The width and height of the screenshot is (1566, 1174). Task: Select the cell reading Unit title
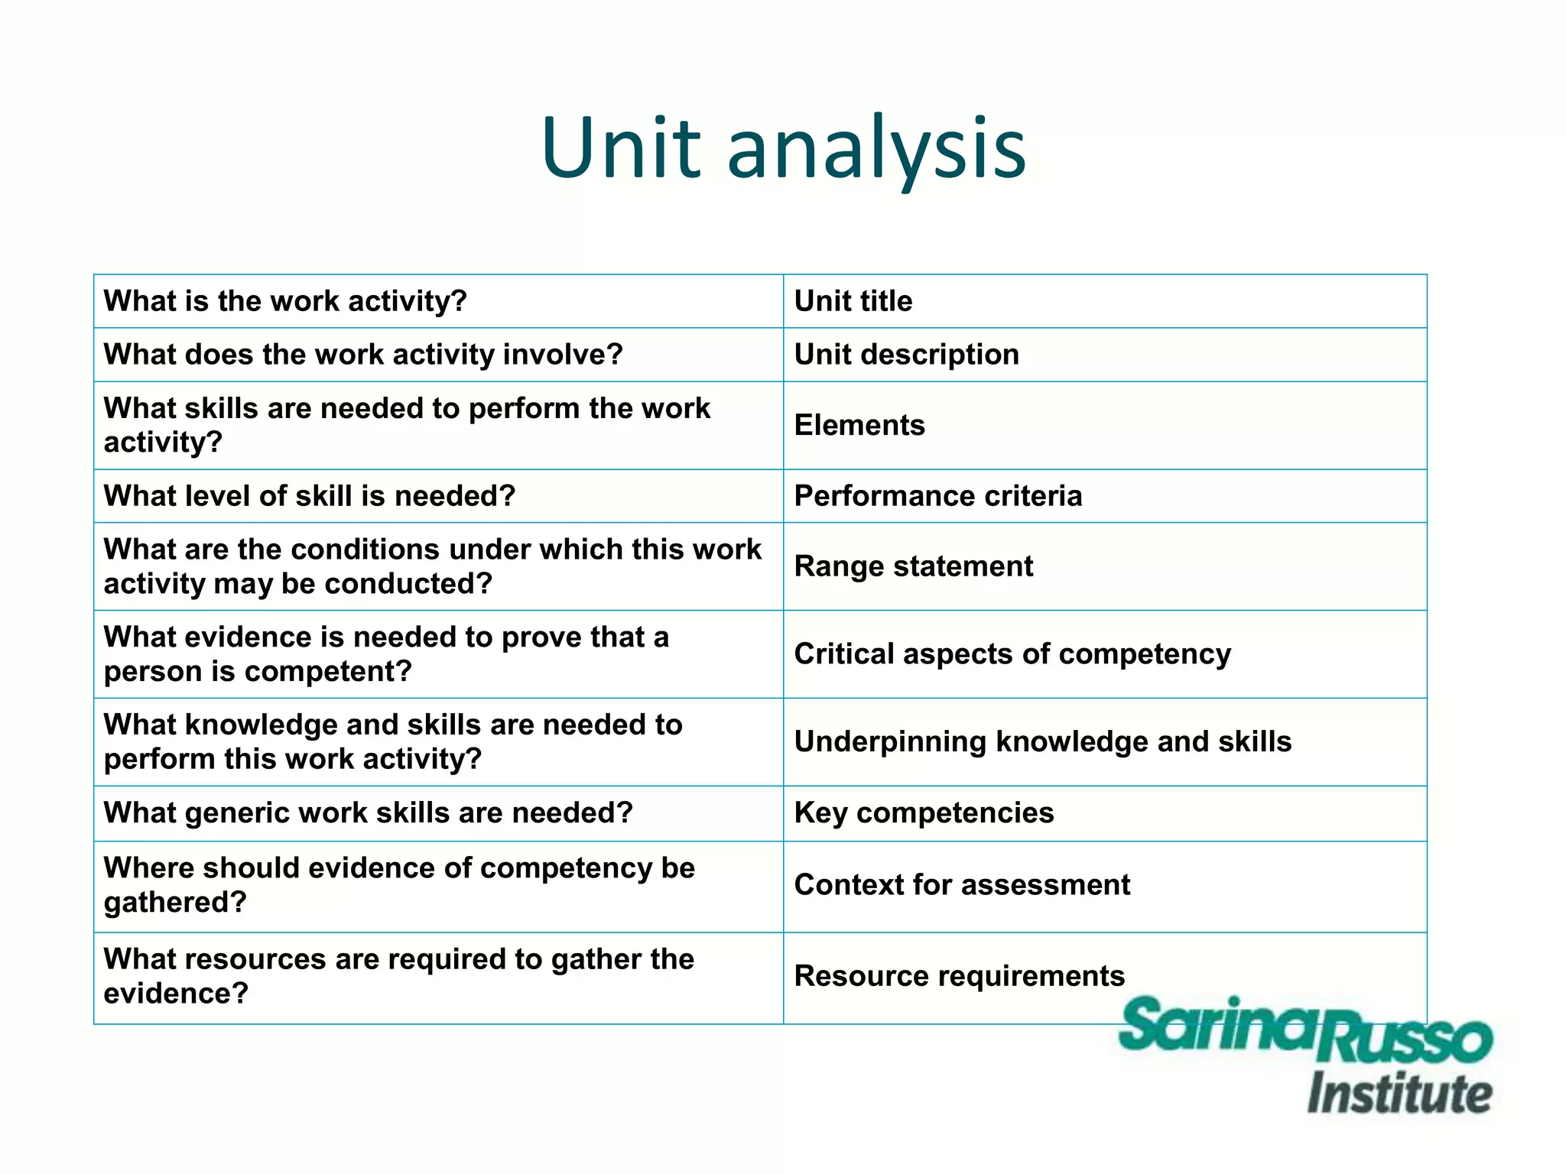click(x=853, y=301)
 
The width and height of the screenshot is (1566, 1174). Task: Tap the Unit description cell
click(x=907, y=355)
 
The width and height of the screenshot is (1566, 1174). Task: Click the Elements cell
click(x=859, y=425)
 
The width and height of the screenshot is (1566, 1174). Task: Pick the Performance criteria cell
click(x=938, y=496)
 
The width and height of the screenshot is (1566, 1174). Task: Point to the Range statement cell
click(x=914, y=566)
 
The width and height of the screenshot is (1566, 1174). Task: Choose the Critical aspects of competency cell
click(x=1012, y=654)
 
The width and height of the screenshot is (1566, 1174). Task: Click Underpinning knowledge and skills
click(x=1043, y=741)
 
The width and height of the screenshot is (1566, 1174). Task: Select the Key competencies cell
click(x=924, y=812)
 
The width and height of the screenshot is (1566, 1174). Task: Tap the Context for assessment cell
click(x=962, y=885)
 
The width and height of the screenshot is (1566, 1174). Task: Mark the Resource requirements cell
click(x=960, y=976)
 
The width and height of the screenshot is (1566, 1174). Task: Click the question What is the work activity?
click(x=285, y=301)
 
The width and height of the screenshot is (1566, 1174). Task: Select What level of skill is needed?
click(x=310, y=496)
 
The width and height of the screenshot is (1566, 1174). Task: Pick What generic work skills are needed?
click(x=369, y=812)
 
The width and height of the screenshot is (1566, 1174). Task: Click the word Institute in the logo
click(x=1399, y=1093)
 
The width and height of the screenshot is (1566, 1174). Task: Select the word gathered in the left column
click(x=174, y=903)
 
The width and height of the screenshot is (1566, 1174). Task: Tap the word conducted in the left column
click(x=408, y=584)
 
